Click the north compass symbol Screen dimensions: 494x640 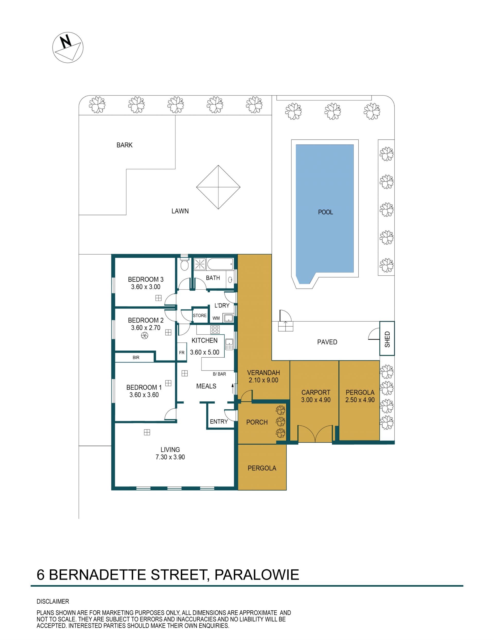click(68, 47)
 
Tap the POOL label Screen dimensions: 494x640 click(325, 212)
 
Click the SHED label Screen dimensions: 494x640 click(387, 339)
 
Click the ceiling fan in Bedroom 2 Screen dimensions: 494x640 click(145, 336)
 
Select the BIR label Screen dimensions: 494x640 click(136, 358)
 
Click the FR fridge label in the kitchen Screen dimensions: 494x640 click(182, 352)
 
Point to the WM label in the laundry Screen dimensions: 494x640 click(216, 318)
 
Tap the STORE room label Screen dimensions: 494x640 click(200, 316)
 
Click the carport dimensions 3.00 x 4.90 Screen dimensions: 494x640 click(316, 400)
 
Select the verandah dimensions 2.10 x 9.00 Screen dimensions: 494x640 click(263, 380)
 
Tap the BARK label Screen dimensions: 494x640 click(124, 145)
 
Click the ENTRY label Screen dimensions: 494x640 click(219, 422)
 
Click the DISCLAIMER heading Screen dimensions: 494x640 click(53, 601)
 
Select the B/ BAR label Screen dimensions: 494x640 click(219, 374)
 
